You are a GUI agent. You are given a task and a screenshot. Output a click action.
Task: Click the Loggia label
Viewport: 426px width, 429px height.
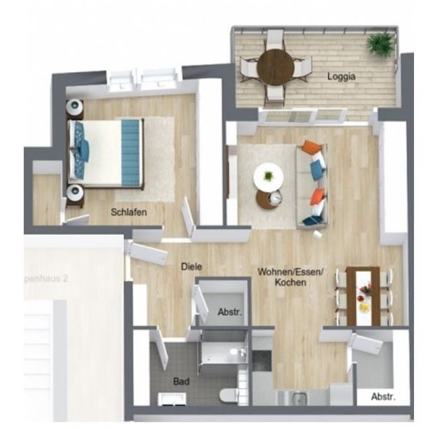pos(341,77)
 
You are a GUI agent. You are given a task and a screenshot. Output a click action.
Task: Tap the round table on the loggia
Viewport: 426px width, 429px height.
pos(275,67)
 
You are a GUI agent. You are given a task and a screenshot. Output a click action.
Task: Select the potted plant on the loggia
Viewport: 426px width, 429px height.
pos(380,45)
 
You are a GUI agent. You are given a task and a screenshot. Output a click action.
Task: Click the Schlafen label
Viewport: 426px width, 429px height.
pos(129,211)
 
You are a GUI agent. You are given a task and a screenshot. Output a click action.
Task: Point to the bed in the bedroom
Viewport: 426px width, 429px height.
pos(108,153)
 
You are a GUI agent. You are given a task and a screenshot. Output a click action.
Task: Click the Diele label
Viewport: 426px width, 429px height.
pos(192,267)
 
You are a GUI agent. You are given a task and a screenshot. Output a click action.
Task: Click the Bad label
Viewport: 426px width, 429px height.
pos(181,381)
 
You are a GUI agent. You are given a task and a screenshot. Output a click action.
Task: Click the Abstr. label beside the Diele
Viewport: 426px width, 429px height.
pos(229,312)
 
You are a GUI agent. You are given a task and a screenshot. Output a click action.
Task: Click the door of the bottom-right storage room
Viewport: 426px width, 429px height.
pos(365,345)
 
